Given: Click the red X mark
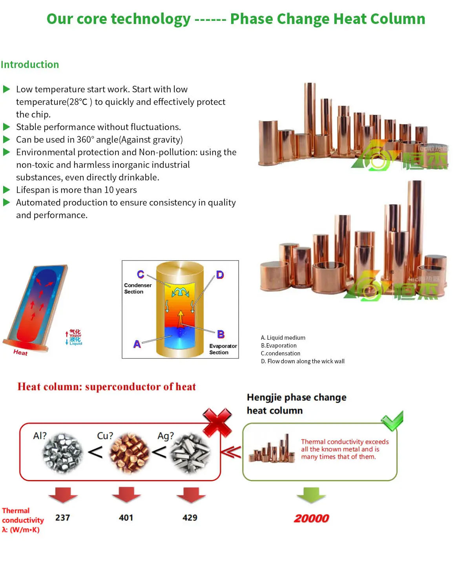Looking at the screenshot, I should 217,422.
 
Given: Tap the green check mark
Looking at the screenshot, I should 392,421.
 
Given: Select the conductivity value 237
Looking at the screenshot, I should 62,517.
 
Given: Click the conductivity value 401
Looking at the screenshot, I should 126,517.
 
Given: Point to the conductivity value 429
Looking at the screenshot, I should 190,517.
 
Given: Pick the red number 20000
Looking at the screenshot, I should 311,518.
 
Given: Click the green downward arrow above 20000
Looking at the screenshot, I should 311,495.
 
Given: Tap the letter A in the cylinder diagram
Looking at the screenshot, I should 137,344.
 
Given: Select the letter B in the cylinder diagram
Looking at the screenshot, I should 221,334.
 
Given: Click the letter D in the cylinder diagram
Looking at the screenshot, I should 220,274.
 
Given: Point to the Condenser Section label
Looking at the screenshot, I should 137,288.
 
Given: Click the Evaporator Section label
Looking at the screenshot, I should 223,349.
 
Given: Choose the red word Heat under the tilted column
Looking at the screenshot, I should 20,352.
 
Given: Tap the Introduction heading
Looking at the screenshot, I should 30,64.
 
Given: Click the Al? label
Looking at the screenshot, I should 40,436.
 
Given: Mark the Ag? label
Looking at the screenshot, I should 165,436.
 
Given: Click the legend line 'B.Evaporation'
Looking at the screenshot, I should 279,345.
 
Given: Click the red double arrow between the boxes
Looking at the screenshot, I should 231,452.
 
